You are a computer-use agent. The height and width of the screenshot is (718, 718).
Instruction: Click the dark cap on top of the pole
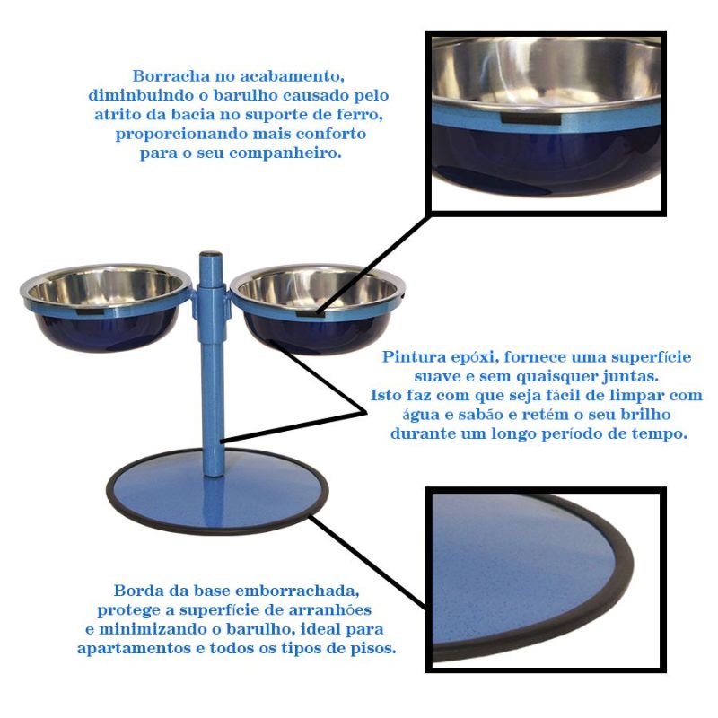click(211, 254)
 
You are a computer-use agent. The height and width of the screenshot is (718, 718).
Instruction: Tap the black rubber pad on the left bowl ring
click(92, 311)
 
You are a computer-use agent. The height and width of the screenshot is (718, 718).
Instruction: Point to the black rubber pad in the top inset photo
click(530, 118)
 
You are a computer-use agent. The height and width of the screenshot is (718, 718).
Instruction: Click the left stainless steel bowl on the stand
click(106, 307)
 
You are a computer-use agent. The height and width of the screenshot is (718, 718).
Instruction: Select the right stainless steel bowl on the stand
click(318, 309)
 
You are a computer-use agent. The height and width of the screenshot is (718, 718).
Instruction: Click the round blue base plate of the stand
click(216, 491)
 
